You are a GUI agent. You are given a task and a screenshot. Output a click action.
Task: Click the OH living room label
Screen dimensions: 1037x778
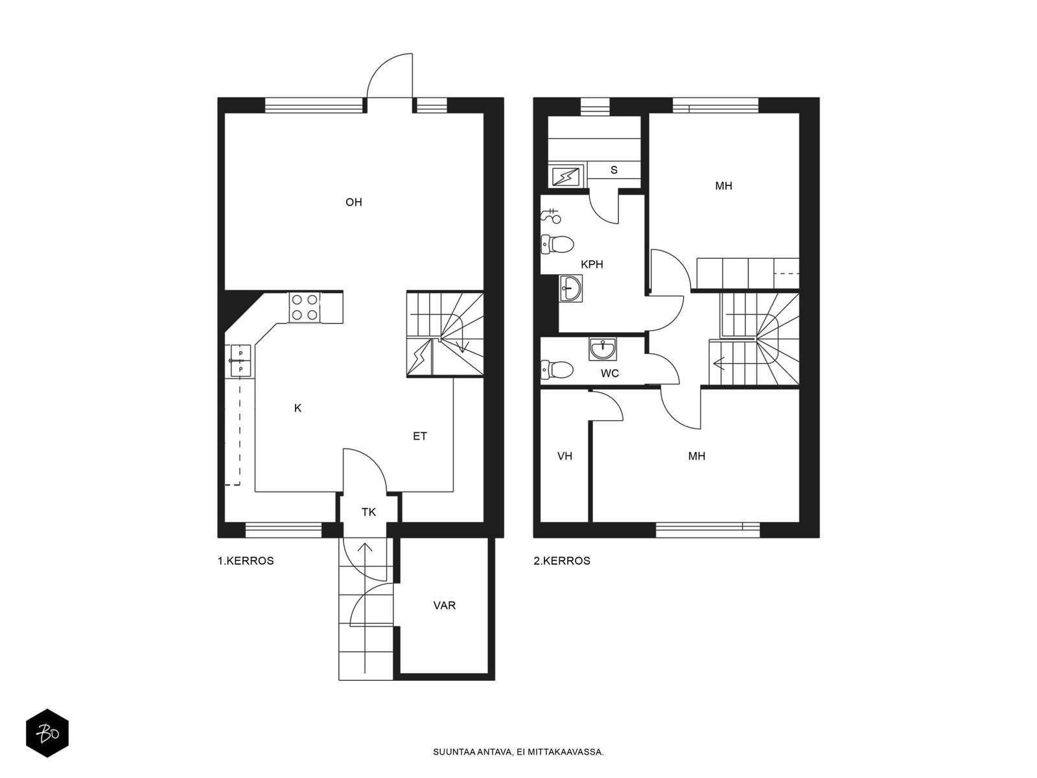coord(353,202)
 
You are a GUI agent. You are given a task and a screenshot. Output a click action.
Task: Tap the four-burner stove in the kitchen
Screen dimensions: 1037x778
coord(304,307)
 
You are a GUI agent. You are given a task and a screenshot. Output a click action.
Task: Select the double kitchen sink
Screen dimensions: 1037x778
coord(240,361)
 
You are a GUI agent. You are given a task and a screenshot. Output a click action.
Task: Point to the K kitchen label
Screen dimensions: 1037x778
coord(297,408)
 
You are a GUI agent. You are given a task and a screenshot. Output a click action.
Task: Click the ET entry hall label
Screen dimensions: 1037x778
coord(419,436)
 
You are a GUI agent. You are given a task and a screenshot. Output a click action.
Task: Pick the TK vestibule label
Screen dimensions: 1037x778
coord(369,512)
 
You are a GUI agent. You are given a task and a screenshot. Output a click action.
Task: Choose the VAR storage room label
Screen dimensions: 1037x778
coord(444,606)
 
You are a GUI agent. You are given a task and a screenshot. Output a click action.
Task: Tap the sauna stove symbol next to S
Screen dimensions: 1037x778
coord(566,177)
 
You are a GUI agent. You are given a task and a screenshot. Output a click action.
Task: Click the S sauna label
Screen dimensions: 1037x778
coord(614,170)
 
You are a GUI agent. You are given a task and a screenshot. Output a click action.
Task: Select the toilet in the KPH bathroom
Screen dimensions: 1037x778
coord(557,244)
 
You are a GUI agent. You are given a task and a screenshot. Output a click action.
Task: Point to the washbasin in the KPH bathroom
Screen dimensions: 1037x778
coord(571,288)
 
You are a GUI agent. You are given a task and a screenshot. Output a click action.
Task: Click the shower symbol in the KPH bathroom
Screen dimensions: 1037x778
coord(550,215)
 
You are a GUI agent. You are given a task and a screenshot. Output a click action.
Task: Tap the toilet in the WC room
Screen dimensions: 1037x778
coord(557,370)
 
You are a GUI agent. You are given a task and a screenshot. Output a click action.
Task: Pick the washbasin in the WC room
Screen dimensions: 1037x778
coord(602,349)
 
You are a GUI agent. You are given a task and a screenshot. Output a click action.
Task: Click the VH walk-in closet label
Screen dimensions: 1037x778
coord(565,456)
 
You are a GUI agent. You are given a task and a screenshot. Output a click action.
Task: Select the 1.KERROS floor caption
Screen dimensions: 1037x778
coord(246,561)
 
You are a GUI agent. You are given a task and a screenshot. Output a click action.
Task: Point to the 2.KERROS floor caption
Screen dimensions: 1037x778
coord(562,561)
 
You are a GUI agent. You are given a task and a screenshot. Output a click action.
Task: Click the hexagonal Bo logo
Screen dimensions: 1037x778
coord(47,733)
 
